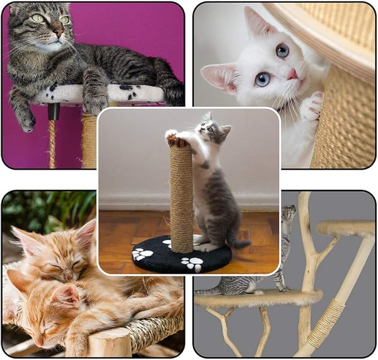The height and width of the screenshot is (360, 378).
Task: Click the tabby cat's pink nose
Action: (x=58, y=33)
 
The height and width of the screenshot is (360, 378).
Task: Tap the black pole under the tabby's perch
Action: (x=53, y=111)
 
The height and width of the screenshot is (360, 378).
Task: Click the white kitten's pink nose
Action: (x=292, y=75)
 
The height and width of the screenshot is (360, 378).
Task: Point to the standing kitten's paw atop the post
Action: (x=171, y=134)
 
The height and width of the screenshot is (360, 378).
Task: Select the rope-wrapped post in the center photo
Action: (x=181, y=195)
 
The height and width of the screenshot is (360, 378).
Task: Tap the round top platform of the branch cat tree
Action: (x=345, y=227)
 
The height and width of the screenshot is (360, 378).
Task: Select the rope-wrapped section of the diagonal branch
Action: (x=326, y=323)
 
